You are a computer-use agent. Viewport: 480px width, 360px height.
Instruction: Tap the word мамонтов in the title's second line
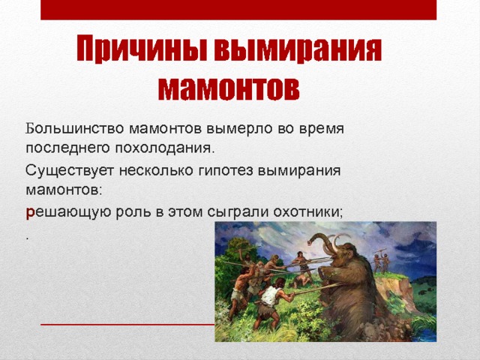pos(229,87)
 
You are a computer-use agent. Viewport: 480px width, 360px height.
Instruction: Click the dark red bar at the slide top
pos(238,10)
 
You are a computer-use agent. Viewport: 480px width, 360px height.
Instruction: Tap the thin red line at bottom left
pos(127,324)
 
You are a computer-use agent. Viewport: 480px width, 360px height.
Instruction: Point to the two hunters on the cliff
pos(380,260)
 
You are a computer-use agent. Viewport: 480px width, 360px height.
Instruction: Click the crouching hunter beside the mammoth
pos(304,277)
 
